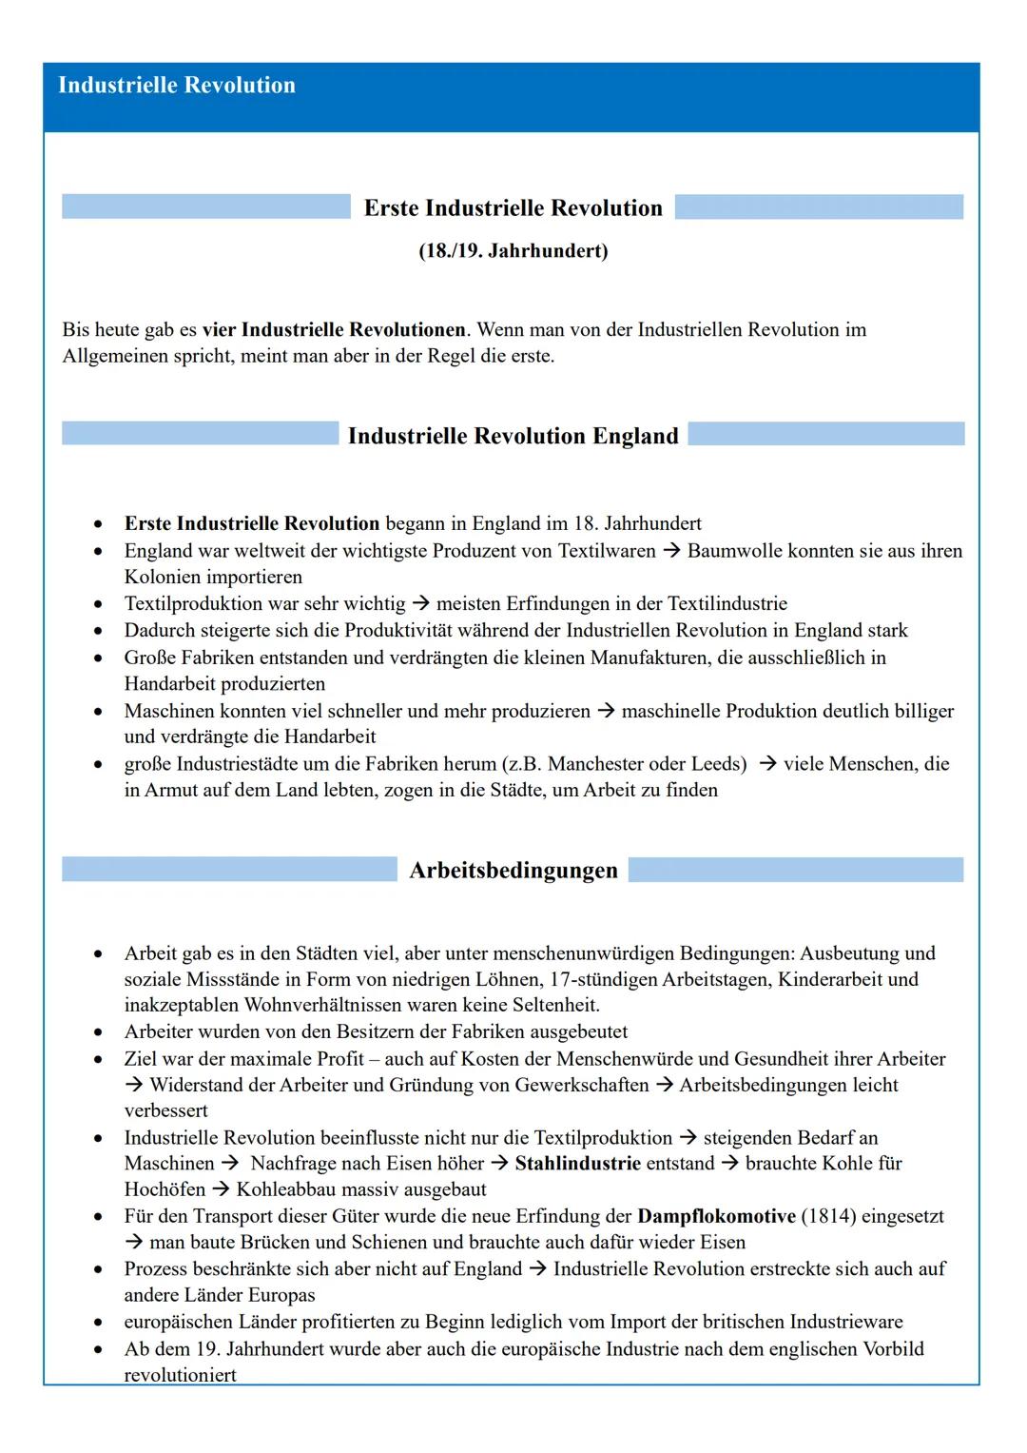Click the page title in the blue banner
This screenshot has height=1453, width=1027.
(177, 86)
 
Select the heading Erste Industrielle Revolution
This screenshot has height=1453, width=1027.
(513, 208)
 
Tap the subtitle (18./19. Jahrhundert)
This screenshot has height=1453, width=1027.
(513, 251)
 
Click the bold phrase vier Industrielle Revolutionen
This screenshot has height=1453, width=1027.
(334, 330)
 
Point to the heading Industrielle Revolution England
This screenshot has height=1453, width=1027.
(513, 436)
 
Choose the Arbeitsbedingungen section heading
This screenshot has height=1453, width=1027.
(513, 871)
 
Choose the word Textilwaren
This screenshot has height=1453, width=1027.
(605, 551)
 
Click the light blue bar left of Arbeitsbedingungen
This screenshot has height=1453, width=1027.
(229, 870)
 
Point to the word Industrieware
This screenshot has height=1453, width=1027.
(839, 1322)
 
